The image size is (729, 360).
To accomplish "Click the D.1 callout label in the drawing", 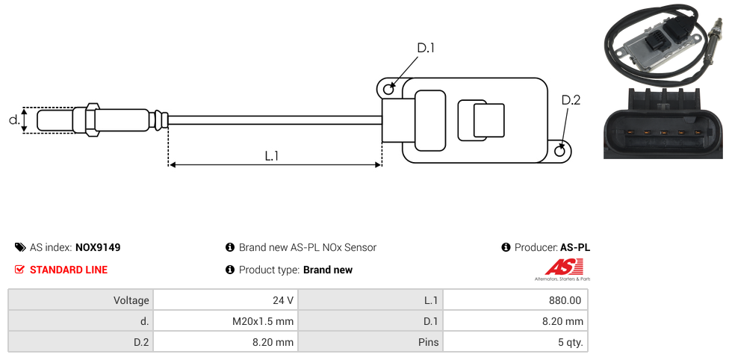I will click(x=426, y=48).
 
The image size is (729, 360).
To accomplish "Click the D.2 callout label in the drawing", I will click(x=571, y=100).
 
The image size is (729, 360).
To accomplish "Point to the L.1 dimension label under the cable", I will click(x=272, y=156).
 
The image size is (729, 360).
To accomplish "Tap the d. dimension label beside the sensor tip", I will click(x=13, y=120).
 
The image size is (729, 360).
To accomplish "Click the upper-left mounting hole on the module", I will click(x=388, y=90).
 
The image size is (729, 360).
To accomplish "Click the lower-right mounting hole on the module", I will click(x=561, y=151).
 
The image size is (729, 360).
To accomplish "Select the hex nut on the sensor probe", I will click(x=93, y=120).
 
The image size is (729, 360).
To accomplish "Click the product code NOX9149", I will click(x=98, y=247).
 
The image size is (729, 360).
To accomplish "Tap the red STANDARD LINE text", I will click(x=68, y=270).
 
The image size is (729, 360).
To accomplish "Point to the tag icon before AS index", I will click(x=20, y=247).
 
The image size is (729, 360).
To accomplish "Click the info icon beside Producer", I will click(x=506, y=247).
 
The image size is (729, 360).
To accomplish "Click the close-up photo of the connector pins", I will click(x=663, y=124).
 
